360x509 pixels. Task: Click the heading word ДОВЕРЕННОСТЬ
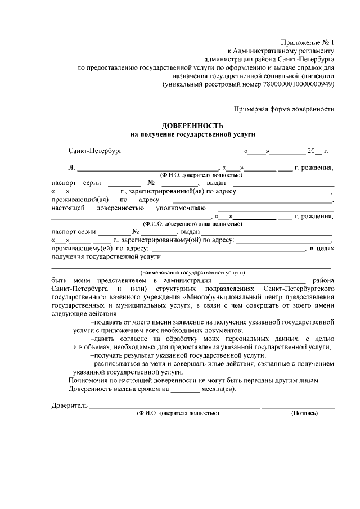[x=193, y=125]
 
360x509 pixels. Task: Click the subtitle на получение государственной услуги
[x=193, y=134]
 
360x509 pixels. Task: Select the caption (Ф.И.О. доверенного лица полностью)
[x=193, y=223]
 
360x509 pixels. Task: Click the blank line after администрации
[x=261, y=281]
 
